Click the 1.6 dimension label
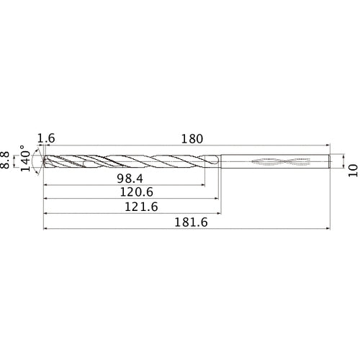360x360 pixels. [x=45, y=138]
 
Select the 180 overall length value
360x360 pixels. [x=191, y=138]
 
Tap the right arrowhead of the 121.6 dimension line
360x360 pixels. [x=219, y=214]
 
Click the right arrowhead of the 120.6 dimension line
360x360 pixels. [x=217, y=199]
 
